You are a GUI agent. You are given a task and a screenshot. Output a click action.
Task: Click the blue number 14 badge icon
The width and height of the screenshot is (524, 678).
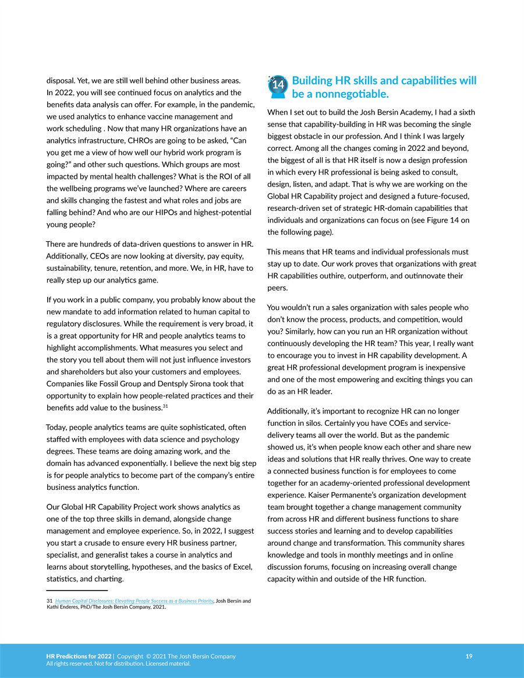coord(278,85)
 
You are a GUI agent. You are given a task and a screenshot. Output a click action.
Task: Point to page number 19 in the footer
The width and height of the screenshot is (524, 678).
coord(469,656)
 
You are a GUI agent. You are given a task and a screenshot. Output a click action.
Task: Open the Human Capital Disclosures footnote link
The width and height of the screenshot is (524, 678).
coord(134,601)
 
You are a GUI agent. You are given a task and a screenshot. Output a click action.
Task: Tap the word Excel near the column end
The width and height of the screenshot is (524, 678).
coord(239,567)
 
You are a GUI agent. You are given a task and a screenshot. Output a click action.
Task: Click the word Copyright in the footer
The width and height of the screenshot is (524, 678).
coord(133,656)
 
